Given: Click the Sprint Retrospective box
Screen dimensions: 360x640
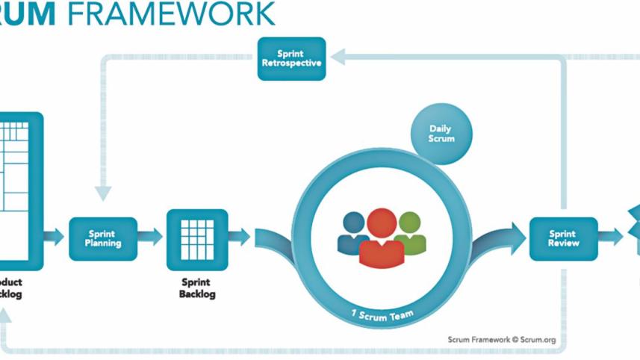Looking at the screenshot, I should click(291, 59).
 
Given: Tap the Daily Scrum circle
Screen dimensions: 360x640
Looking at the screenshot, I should click(441, 134).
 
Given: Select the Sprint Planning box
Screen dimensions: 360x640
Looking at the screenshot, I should click(103, 238).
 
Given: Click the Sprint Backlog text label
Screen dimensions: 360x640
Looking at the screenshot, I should click(197, 288).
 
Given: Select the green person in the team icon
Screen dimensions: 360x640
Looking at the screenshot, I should click(410, 230).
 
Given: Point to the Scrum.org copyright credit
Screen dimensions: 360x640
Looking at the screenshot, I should click(501, 340).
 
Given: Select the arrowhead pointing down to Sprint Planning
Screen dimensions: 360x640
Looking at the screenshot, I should click(103, 192).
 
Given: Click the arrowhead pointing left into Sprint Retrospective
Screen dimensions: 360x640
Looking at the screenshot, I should click(338, 55).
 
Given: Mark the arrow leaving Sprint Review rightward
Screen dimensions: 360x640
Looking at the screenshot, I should click(611, 238).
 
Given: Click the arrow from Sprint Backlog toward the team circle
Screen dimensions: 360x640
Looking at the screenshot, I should click(240, 238).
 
